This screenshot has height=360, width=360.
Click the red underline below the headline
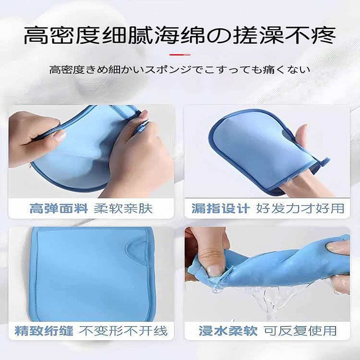click(180, 55)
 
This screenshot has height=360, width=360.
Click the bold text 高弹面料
click(58, 209)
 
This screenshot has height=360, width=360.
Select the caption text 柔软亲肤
click(123, 209)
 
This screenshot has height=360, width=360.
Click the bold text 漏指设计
click(220, 208)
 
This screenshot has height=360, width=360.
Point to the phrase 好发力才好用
click(300, 208)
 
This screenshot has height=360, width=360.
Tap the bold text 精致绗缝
click(44, 331)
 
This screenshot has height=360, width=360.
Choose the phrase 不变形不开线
click(123, 331)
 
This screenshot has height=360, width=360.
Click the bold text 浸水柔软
click(228, 331)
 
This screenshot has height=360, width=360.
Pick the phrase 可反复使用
click(300, 331)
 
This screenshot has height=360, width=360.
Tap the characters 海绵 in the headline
click(180, 36)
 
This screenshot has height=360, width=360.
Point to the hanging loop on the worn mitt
click(323, 162)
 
